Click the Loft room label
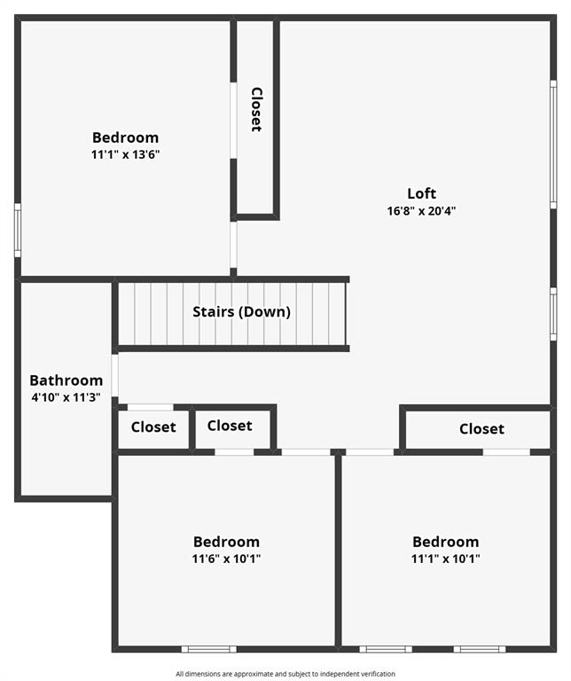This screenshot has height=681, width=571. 421,193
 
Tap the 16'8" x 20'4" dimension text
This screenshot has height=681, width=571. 421,211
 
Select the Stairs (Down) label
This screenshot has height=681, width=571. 241,311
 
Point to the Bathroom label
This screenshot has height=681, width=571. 66,380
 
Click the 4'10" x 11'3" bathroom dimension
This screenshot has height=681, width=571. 66,397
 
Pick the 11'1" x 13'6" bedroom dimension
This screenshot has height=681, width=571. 126,154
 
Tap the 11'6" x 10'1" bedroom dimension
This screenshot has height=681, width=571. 226,559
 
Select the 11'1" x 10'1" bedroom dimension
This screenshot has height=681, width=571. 445,559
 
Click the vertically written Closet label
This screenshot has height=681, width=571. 256,109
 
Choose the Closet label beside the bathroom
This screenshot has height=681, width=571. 153,427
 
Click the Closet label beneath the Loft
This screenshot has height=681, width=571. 481,429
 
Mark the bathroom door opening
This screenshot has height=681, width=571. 114,376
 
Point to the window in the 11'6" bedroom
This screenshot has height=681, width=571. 209,649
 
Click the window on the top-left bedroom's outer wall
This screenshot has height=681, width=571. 18,231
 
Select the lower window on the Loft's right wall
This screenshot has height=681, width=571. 553,314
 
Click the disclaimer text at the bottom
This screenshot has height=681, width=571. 285,674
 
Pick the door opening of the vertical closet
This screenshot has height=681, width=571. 233,121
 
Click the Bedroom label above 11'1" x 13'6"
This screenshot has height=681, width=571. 126,137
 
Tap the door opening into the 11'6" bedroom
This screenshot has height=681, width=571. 306,452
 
